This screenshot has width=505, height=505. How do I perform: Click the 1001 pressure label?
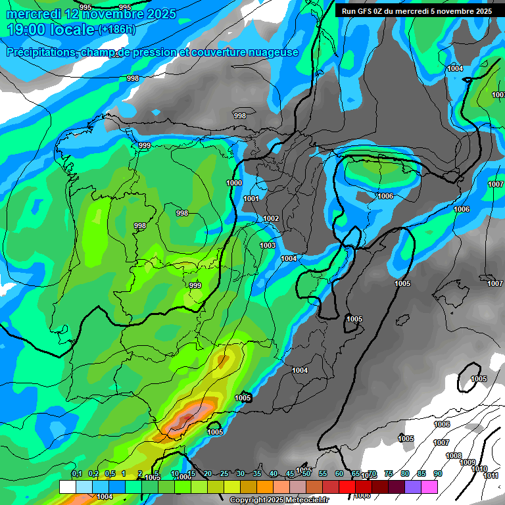click(x=251, y=199)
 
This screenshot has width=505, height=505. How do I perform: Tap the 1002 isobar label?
click(x=271, y=219)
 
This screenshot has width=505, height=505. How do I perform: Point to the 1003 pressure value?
click(x=268, y=245)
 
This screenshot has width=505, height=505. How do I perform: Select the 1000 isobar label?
click(x=233, y=183)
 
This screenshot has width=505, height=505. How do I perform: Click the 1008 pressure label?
click(x=454, y=456)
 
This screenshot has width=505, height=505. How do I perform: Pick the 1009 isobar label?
click(x=467, y=462)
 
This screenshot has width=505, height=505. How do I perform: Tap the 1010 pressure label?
click(x=479, y=469)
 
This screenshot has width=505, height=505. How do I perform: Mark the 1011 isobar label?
click(x=491, y=475)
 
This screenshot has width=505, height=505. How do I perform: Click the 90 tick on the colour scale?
click(x=437, y=473)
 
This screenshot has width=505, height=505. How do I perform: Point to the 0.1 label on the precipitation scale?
click(x=77, y=473)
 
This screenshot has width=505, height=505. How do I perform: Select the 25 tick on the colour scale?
click(x=224, y=473)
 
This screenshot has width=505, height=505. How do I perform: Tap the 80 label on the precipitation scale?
click(x=404, y=473)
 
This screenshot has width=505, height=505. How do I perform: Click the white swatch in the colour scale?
click(x=67, y=487)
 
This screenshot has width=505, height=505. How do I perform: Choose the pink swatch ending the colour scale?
click(x=429, y=487)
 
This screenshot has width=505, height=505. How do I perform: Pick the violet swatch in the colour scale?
click(x=413, y=487)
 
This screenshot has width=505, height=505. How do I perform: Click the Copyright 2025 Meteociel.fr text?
click(x=279, y=500)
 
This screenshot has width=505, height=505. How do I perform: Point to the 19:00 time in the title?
click(x=26, y=30)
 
